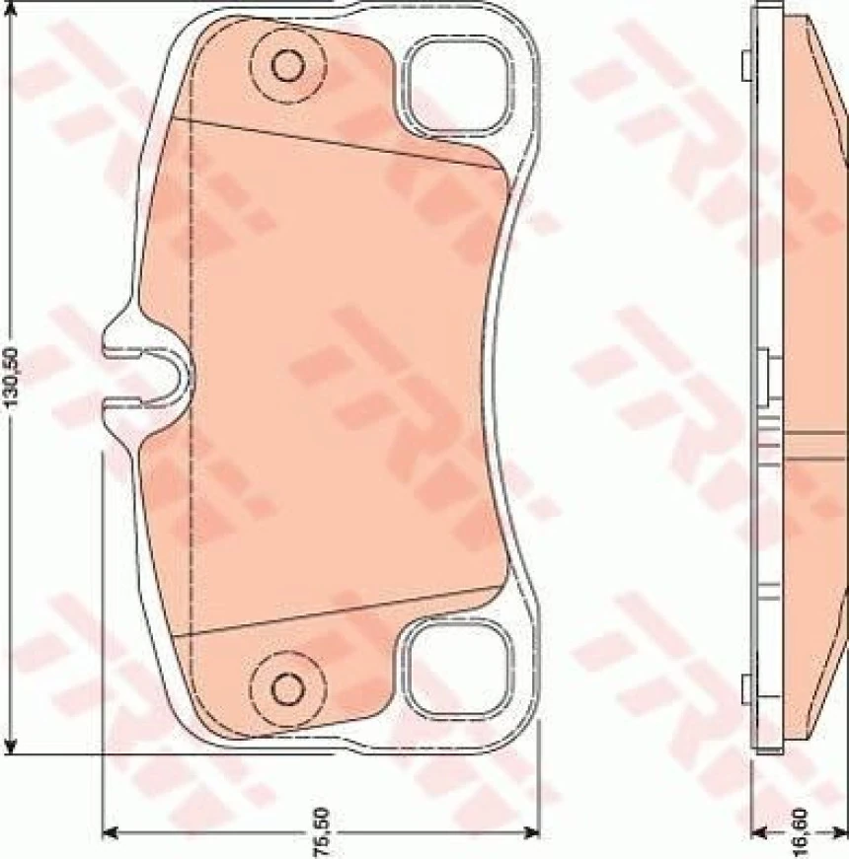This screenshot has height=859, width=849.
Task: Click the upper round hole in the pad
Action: (x=288, y=65)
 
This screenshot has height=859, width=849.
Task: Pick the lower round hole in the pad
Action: (x=287, y=683)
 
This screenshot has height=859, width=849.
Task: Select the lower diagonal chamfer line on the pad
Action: (x=346, y=610)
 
